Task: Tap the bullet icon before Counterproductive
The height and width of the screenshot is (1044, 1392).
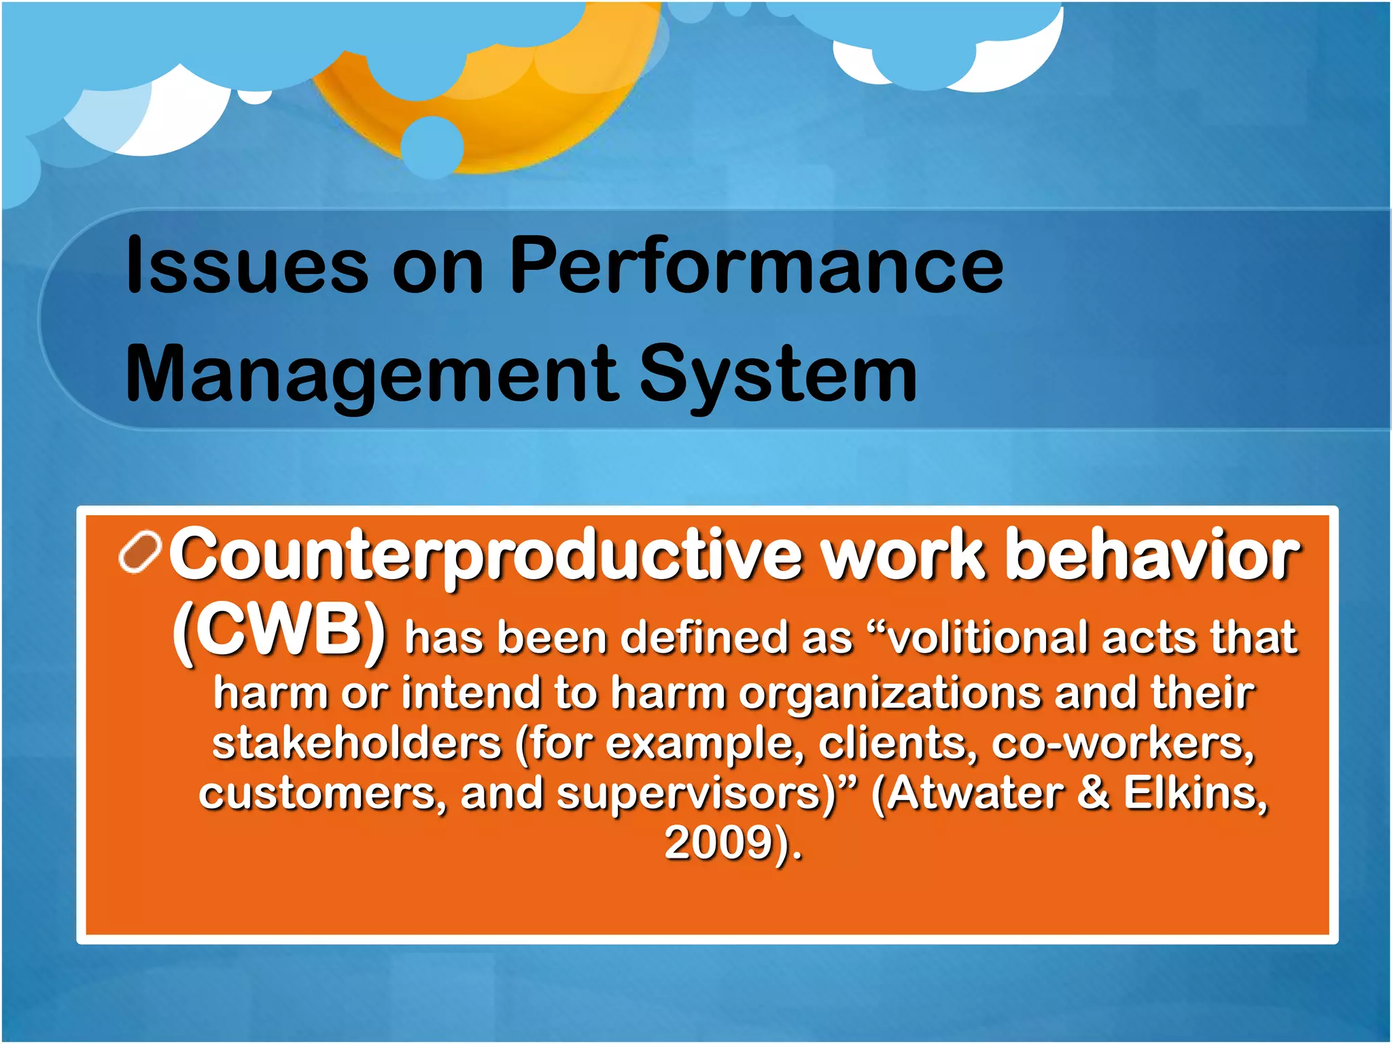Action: (x=140, y=552)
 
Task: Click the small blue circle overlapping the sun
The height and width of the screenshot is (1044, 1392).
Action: (x=432, y=146)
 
